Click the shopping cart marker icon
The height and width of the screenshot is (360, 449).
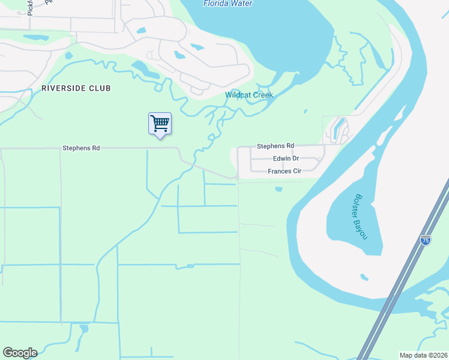tap(160, 124)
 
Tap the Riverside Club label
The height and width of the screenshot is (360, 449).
tap(76, 88)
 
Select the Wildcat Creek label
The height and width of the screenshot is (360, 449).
tap(249, 95)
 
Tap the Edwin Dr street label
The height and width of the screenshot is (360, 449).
tap(286, 158)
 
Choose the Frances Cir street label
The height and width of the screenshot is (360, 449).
tap(284, 171)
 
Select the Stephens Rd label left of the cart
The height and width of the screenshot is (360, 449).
tap(81, 148)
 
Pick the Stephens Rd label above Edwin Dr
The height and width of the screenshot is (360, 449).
tap(276, 146)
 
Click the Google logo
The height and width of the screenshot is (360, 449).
tap(20, 353)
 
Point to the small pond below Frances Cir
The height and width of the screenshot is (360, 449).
tap(279, 190)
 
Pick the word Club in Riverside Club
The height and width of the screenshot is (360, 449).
tap(101, 88)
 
